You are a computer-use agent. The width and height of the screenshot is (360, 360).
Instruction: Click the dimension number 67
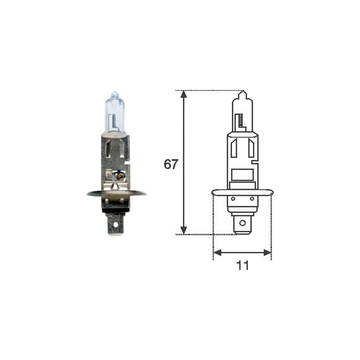click(171, 164)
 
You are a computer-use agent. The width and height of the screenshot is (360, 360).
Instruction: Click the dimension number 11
click(243, 266)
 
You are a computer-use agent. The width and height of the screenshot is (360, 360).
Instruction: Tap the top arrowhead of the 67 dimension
click(183, 94)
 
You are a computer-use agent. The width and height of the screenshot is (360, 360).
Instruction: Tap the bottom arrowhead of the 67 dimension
click(183, 230)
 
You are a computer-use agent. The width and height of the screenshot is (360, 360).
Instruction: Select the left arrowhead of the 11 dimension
click(217, 252)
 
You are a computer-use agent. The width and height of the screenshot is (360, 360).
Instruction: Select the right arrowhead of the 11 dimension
click(267, 252)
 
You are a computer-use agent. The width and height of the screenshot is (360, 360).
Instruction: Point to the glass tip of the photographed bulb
click(114, 94)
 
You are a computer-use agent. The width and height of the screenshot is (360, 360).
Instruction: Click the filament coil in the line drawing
click(240, 120)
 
